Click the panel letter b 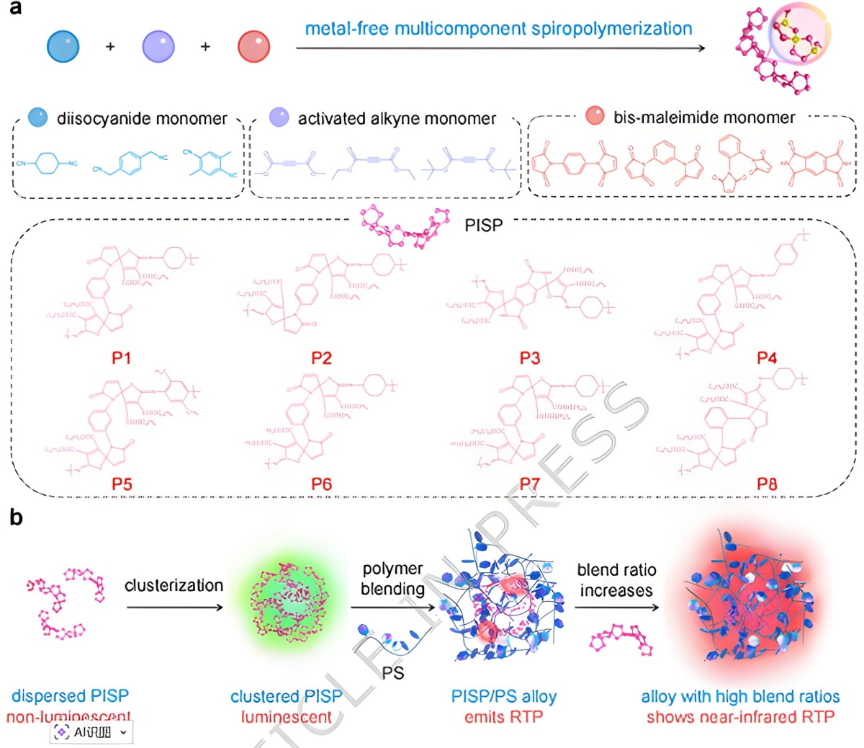[16, 517]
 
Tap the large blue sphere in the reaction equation [63, 46]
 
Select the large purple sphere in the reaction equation [158, 46]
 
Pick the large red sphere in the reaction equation [254, 46]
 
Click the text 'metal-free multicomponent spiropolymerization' [498, 29]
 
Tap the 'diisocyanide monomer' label [142, 118]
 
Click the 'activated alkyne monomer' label [397, 118]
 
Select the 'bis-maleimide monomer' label [703, 117]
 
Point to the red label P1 [122, 357]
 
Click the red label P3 [530, 357]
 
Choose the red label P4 [767, 357]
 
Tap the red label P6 [321, 484]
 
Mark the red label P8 [767, 484]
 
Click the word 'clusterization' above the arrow [174, 585]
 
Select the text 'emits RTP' [503, 716]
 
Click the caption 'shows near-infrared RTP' [740, 716]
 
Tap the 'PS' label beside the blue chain [393, 673]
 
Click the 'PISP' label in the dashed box [483, 226]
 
